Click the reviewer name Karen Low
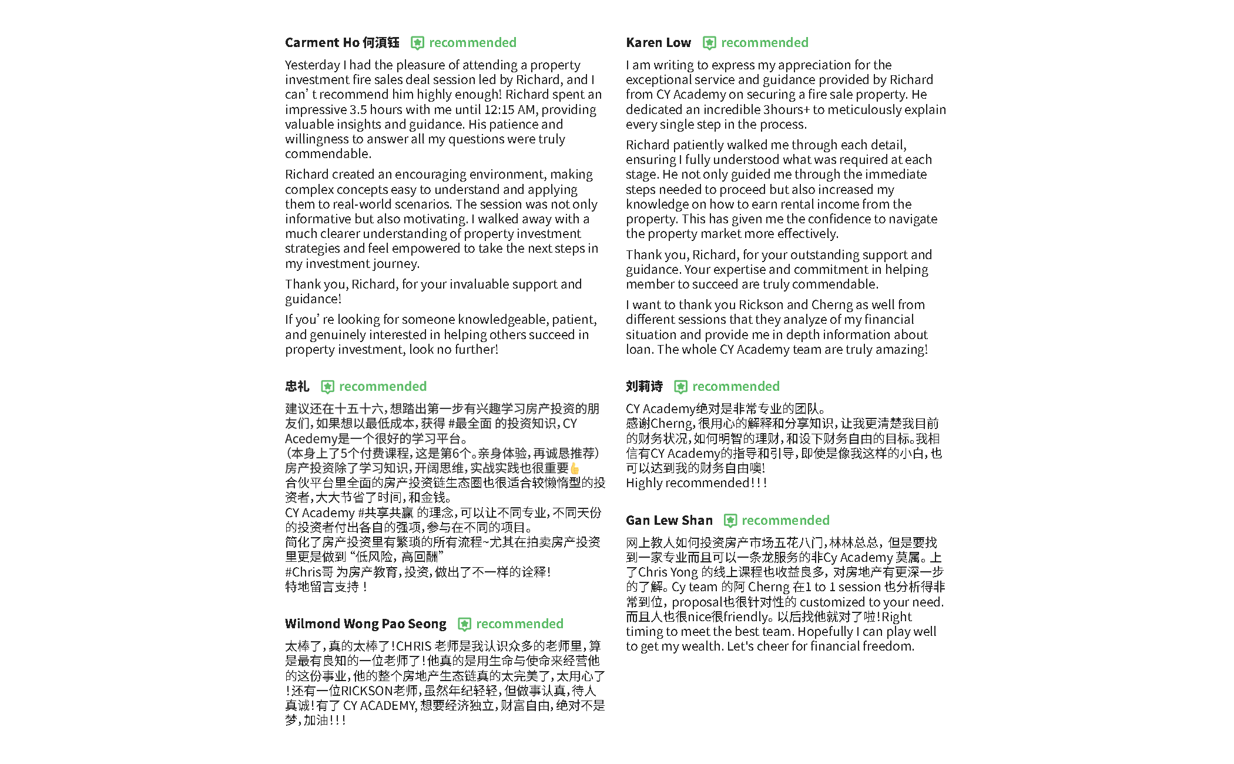click(x=658, y=43)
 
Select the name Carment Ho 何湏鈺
click(x=342, y=43)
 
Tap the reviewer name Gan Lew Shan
click(x=669, y=521)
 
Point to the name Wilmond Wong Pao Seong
click(x=365, y=624)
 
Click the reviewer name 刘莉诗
click(x=644, y=387)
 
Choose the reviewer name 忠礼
click(x=297, y=387)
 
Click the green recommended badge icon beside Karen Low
click(x=709, y=43)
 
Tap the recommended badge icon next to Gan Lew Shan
click(x=730, y=521)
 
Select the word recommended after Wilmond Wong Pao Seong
click(x=519, y=624)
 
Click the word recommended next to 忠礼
click(x=383, y=387)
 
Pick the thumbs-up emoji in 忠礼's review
click(x=575, y=468)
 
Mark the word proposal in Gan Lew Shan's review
click(x=697, y=602)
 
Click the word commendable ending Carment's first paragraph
click(x=327, y=154)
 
